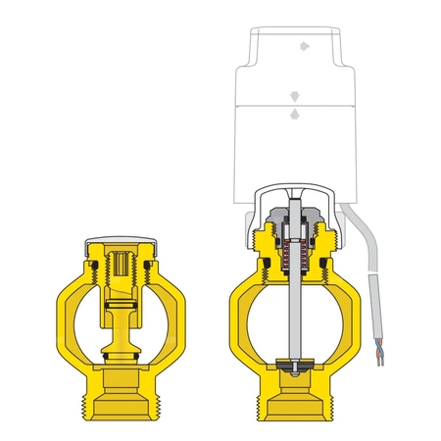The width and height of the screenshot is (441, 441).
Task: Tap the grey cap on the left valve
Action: pos(121,239)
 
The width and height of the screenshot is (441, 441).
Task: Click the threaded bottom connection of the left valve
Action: pos(121,396)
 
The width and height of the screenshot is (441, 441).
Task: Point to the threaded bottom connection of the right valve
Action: pos(291,398)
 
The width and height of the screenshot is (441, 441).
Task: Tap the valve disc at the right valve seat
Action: pos(291,366)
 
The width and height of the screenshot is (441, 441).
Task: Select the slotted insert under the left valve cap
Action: pos(121,265)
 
